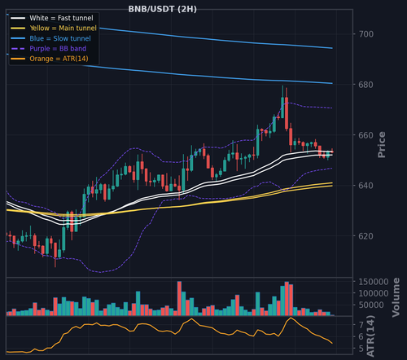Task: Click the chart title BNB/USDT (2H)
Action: [163, 9]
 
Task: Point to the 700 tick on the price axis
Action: [366, 34]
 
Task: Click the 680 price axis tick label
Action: [366, 85]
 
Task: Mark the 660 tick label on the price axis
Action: [366, 135]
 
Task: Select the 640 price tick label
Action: [366, 186]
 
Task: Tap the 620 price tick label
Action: [366, 236]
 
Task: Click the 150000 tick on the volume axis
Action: [374, 282]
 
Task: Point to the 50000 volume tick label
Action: [371, 305]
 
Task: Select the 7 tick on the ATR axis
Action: [361, 325]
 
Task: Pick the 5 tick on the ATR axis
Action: [361, 349]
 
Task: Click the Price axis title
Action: [382, 144]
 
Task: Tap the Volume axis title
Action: [396, 297]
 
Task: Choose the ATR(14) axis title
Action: [370, 336]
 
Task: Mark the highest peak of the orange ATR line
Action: [291, 318]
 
